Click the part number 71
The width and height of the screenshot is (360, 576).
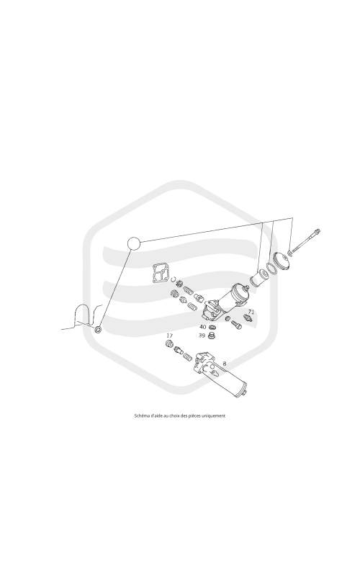pyautogui.click(x=251, y=312)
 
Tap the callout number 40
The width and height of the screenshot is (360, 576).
pyautogui.click(x=203, y=327)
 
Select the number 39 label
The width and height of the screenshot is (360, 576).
pyautogui.click(x=202, y=336)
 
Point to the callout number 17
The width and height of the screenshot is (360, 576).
pyautogui.click(x=169, y=336)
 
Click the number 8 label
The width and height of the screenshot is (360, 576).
pyautogui.click(x=225, y=364)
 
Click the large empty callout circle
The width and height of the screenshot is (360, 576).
pyautogui.click(x=134, y=243)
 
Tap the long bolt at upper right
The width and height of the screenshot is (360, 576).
pyautogui.click(x=305, y=240)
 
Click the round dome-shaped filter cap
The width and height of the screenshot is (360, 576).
pyautogui.click(x=282, y=261)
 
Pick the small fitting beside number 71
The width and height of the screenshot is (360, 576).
pyautogui.click(x=248, y=318)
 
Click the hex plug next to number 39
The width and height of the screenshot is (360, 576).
pyautogui.click(x=211, y=336)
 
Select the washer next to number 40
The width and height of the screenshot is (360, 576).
pyautogui.click(x=212, y=327)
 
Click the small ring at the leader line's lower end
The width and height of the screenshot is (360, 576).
pyautogui.click(x=98, y=329)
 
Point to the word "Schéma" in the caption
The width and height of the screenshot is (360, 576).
pyautogui.click(x=140, y=416)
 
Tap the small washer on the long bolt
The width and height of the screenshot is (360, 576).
pyautogui.click(x=290, y=253)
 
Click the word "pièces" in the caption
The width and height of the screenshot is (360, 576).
pyautogui.click(x=194, y=416)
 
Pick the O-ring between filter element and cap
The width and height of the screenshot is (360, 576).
pyautogui.click(x=271, y=268)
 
